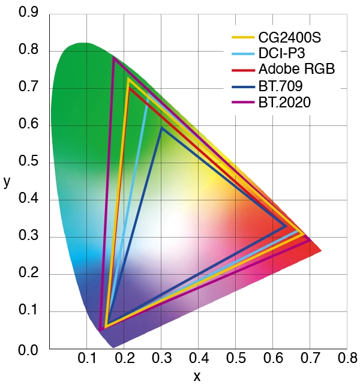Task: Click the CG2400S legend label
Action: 290,38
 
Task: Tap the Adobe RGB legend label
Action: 296,70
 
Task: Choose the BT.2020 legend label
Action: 285,102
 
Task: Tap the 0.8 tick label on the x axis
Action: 347,359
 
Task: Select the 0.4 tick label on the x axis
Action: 198,359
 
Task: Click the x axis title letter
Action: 197,376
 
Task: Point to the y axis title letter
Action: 7,182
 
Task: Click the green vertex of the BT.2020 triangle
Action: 113,58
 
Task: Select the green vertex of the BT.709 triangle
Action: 161,128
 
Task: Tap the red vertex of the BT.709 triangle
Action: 286,226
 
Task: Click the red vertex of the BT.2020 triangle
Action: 310,240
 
